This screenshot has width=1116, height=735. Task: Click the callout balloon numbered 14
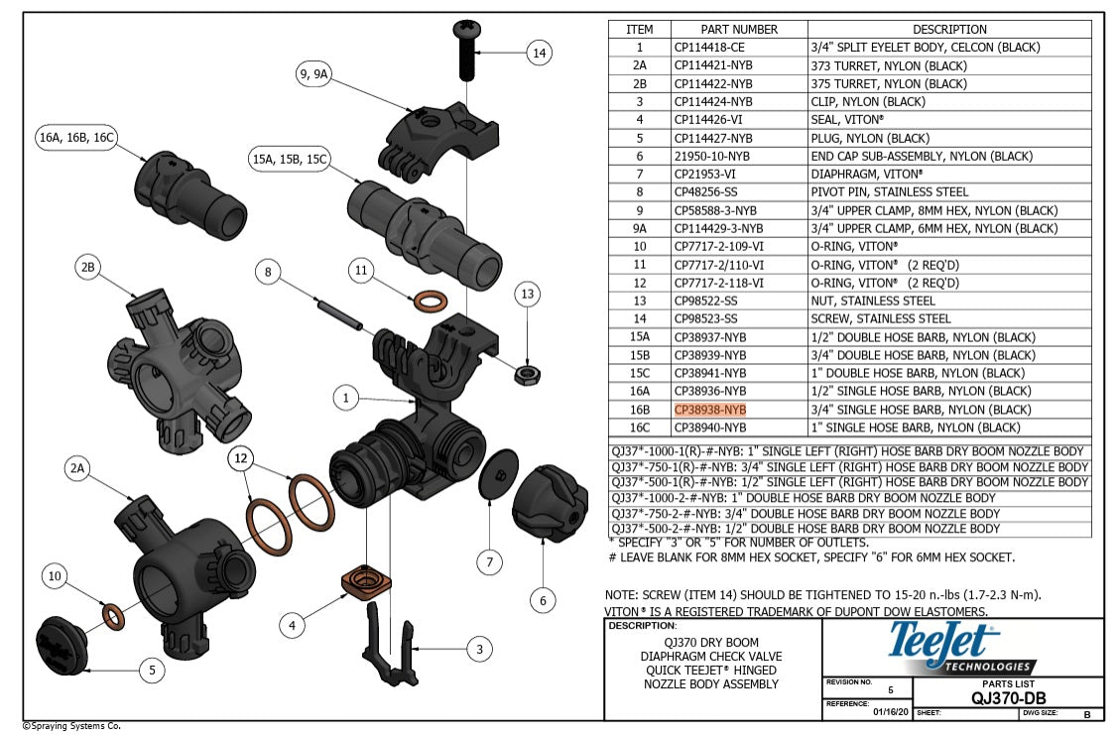[539, 54]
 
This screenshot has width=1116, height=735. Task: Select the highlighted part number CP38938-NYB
[709, 410]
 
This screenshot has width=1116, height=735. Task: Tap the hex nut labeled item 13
[527, 374]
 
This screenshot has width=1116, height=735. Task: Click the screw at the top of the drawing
[465, 51]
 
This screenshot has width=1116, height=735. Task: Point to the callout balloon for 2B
[89, 268]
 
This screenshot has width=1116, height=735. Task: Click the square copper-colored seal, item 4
[362, 579]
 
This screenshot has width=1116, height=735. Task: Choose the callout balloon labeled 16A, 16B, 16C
[76, 138]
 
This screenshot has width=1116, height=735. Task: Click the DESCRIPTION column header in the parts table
[949, 30]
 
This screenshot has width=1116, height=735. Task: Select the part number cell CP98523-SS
[706, 318]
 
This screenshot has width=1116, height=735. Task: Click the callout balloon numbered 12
[239, 457]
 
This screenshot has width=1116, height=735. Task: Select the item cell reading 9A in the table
[639, 228]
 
